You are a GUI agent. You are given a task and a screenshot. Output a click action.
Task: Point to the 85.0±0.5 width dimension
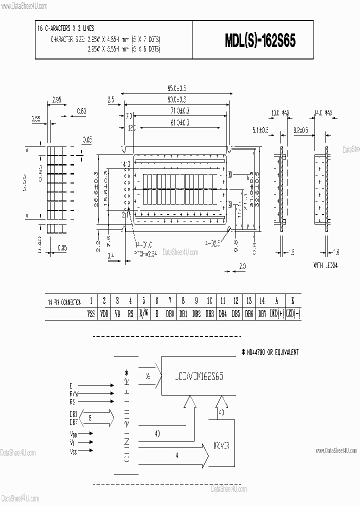[x=176, y=88]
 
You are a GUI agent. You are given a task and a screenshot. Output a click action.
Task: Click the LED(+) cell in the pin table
[x=276, y=313]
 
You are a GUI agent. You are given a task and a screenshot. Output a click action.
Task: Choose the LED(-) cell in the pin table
[x=292, y=313]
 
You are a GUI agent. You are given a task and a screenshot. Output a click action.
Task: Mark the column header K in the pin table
[x=292, y=301]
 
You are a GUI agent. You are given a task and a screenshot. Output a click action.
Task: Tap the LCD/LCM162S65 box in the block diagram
[x=198, y=376]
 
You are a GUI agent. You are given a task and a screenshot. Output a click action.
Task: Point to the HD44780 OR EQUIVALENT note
[x=270, y=352]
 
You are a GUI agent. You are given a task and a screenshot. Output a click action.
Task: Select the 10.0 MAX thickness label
[x=280, y=113]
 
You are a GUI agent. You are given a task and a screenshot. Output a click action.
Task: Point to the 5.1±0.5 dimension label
[x=260, y=130]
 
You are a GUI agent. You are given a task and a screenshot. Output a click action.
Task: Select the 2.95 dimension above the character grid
[x=56, y=100]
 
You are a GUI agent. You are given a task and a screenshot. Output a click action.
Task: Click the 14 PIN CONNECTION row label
[x=63, y=302]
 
